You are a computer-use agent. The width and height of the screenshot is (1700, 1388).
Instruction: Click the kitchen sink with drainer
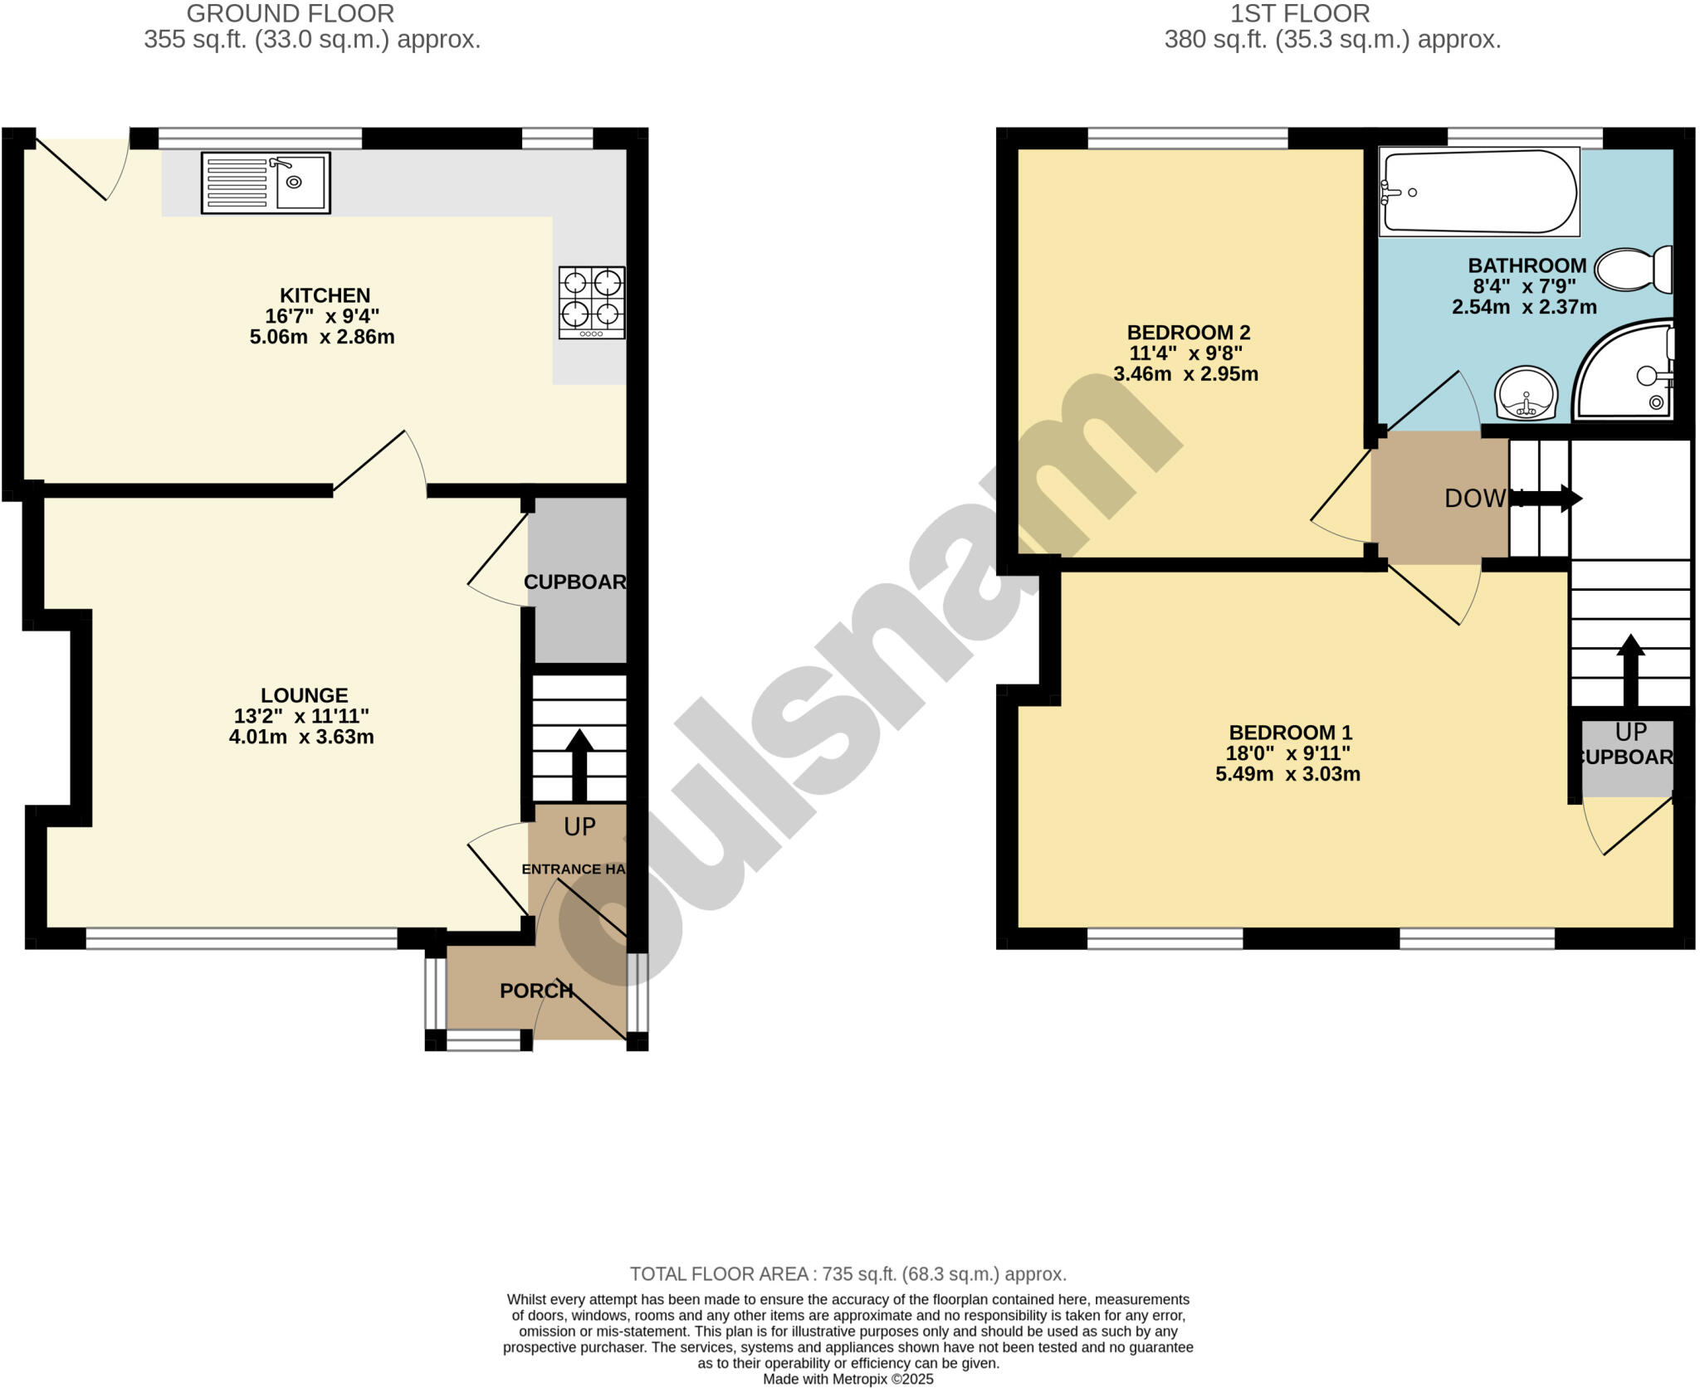(266, 183)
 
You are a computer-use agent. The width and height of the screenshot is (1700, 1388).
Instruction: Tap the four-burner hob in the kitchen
(592, 302)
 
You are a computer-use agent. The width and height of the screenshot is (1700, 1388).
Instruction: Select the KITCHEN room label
(325, 295)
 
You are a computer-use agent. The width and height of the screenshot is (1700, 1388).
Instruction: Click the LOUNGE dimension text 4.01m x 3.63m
(301, 737)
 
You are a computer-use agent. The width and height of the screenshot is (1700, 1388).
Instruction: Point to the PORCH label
(536, 991)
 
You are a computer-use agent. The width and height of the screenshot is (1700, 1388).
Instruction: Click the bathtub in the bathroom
(1478, 192)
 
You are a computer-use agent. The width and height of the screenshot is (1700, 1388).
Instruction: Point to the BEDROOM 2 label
(1188, 333)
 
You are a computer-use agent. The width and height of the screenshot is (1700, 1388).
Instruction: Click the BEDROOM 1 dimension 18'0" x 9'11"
(1287, 753)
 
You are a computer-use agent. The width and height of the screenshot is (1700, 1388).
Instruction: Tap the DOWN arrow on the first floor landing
(1561, 499)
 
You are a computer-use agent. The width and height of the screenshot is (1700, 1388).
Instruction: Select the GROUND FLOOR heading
(290, 14)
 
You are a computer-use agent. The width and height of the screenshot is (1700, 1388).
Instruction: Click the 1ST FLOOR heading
(1299, 14)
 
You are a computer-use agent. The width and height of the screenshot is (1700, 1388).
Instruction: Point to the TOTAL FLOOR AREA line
(848, 1274)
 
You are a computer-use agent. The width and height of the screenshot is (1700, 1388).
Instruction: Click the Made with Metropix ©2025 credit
(848, 1379)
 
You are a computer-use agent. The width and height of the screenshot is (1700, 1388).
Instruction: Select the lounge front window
(242, 938)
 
